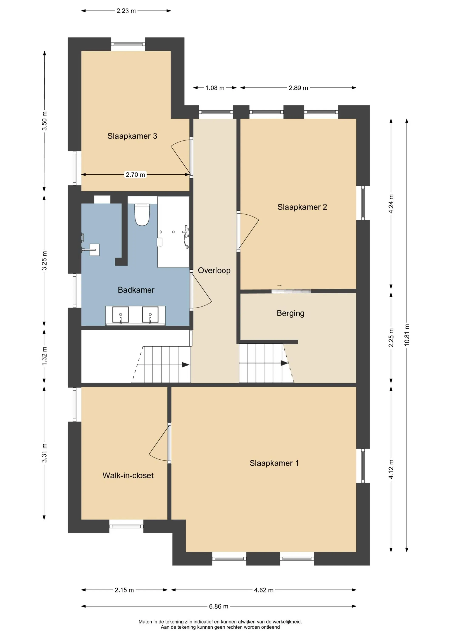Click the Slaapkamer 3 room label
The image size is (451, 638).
132,136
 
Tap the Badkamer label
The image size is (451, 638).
136,290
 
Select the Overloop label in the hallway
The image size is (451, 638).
214,271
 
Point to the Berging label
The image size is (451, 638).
290,313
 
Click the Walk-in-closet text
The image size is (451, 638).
128,476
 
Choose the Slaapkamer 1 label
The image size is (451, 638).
274,463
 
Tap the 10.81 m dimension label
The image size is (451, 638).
407,335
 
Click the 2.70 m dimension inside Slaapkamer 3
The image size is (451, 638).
135,175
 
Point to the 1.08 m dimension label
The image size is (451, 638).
215,88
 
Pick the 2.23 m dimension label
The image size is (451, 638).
126,11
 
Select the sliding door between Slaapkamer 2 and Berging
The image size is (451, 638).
291,291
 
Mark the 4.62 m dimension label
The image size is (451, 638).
264,590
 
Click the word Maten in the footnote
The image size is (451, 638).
145,622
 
